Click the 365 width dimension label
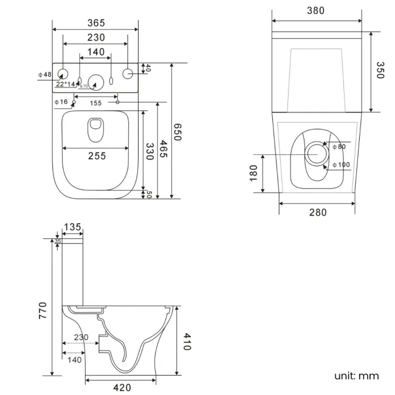(95, 23)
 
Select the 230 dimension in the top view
(95, 38)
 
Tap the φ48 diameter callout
(44, 75)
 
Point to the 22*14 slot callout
(66, 84)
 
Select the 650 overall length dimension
(177, 132)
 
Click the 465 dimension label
(163, 149)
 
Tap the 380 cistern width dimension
(315, 10)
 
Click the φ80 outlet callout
(338, 146)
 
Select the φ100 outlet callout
(341, 165)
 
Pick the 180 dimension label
(253, 172)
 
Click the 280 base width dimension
(317, 212)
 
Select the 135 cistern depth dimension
(72, 227)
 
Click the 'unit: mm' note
(356, 376)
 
